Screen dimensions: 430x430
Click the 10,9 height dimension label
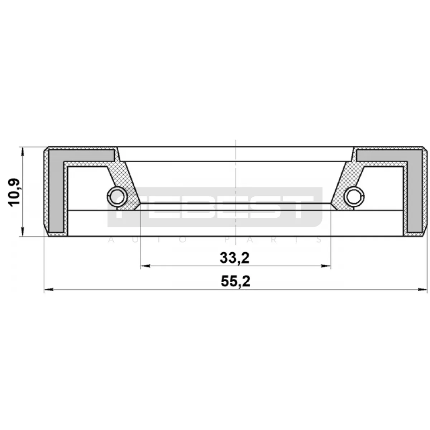pyautogui.click(x=14, y=193)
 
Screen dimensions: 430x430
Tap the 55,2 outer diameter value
pyautogui.click(x=235, y=281)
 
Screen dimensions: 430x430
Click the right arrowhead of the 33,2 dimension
pyautogui.click(x=326, y=266)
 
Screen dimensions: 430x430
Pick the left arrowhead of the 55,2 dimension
pyautogui.click(x=49, y=290)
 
